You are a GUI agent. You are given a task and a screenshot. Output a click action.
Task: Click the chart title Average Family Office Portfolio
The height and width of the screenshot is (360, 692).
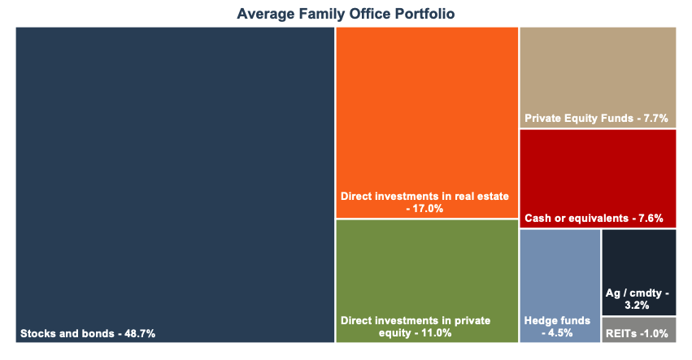(346, 14)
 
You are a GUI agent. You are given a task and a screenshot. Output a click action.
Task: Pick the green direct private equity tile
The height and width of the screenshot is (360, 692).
(427, 268)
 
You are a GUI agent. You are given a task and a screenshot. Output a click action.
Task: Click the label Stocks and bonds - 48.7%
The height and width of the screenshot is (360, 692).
(88, 333)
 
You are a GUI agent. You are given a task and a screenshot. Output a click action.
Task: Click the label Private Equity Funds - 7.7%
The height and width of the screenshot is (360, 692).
(596, 119)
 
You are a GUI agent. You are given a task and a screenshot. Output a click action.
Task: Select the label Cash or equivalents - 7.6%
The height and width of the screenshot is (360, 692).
(594, 219)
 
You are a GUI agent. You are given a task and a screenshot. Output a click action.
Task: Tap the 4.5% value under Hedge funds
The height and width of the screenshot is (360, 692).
(559, 333)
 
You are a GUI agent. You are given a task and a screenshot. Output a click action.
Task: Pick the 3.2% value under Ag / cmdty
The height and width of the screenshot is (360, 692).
(638, 306)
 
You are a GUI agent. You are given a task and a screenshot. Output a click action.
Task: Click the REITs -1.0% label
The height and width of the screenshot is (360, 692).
(638, 332)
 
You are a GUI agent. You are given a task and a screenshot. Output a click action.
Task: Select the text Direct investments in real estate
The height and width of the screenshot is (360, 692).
(424, 196)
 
